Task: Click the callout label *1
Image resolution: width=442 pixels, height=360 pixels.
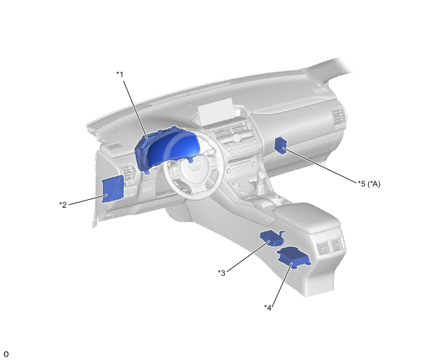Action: point(119,75)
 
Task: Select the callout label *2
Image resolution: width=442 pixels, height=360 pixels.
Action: point(63,204)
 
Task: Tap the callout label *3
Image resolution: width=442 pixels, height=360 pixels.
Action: point(222,273)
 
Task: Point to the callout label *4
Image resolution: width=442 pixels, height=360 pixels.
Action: point(268,307)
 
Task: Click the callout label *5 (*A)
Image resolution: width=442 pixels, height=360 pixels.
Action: point(369,184)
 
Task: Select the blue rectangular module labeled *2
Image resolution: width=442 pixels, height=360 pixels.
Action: point(113,188)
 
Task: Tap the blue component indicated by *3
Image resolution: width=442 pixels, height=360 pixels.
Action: point(272,239)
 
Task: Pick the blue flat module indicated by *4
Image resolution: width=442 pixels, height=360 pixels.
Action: point(294,257)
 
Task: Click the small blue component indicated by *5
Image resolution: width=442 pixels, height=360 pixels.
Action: point(280,145)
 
